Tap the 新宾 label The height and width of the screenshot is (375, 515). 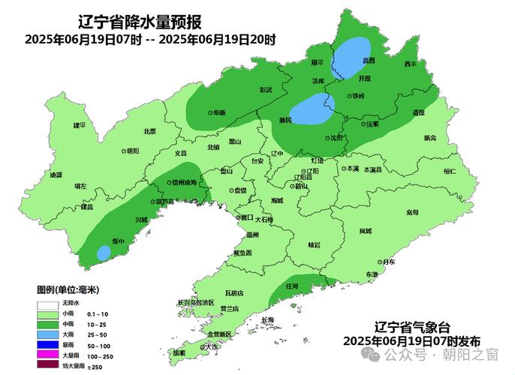click(429, 138)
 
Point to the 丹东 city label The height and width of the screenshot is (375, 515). click(387, 262)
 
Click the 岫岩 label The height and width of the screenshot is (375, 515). click(314, 245)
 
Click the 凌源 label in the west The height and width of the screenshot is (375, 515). click(56, 175)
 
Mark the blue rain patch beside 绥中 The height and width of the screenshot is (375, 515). click(102, 253)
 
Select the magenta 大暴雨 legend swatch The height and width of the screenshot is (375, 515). click(47, 344)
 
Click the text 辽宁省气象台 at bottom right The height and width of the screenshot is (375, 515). click(411, 327)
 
